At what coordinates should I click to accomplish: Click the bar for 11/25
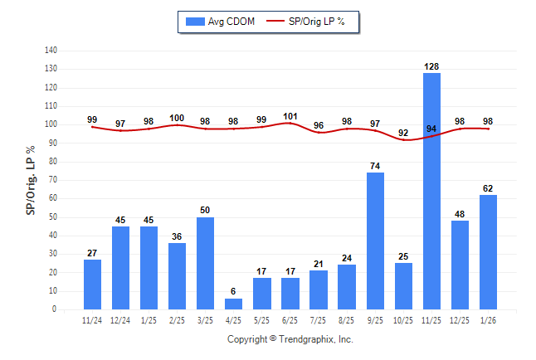tap(431, 191)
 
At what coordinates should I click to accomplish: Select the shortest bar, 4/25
tap(234, 304)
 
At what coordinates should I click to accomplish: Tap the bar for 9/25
tap(375, 241)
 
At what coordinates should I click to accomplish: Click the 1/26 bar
tap(488, 251)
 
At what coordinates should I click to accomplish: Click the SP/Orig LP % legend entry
tap(311, 21)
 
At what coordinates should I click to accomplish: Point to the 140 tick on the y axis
tap(51, 51)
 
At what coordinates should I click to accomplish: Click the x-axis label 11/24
tap(92, 319)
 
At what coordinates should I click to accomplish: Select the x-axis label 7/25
tap(319, 319)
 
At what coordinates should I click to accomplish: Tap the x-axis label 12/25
tap(460, 319)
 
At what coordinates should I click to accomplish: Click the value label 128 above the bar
tap(431, 66)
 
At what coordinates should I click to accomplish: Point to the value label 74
tap(375, 166)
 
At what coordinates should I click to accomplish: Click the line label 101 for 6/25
tap(290, 116)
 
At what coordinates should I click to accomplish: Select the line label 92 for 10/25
tap(403, 133)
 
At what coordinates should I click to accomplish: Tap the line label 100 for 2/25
tap(178, 118)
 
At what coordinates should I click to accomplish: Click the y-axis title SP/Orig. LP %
tap(31, 180)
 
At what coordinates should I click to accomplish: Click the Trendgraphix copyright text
tap(290, 339)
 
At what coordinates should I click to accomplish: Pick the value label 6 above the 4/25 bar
tap(234, 292)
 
